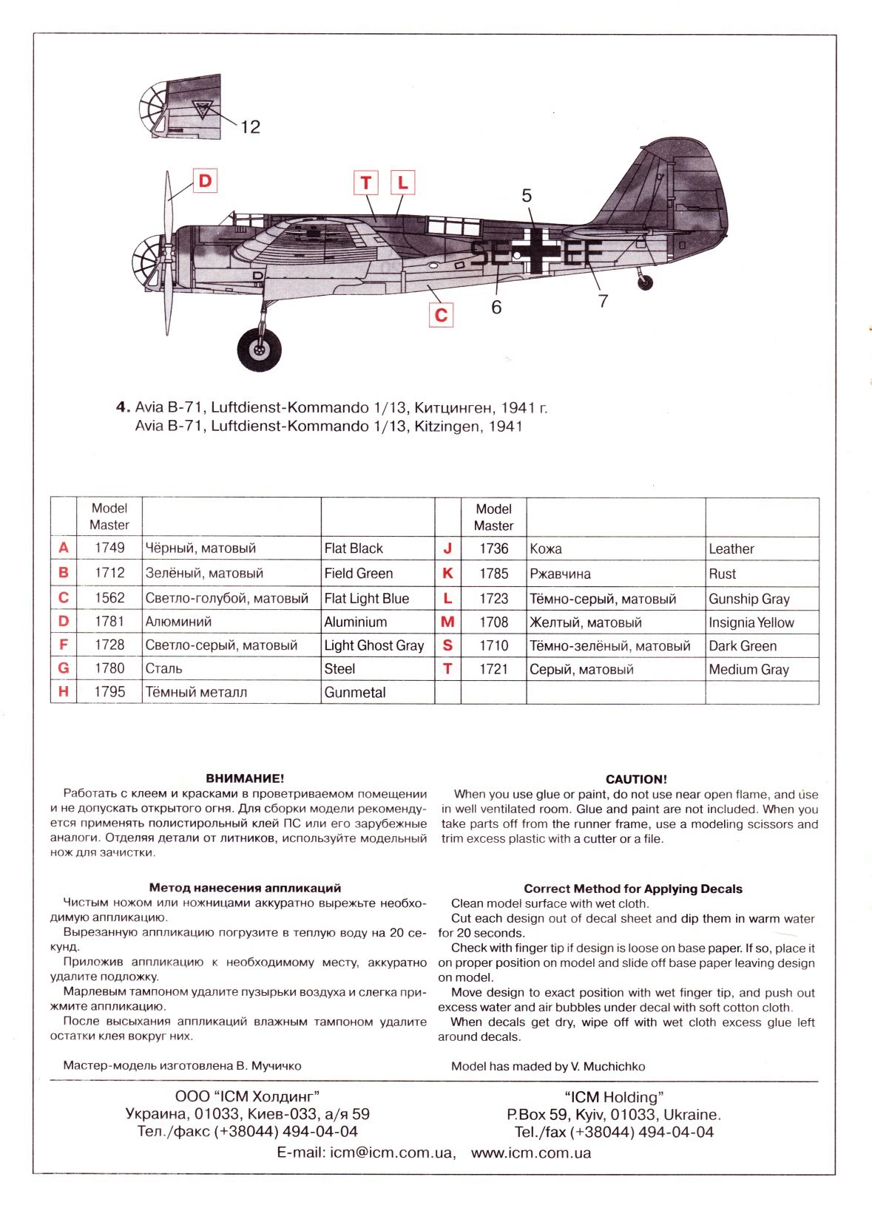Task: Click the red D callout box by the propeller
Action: (205, 180)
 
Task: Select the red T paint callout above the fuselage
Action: (366, 183)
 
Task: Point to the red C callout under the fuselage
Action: (441, 315)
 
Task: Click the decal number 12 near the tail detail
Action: (250, 127)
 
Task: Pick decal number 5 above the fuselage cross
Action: (527, 196)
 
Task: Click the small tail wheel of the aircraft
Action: (646, 282)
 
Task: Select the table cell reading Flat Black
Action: (354, 549)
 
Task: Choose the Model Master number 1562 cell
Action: (109, 597)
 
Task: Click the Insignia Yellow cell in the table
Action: (751, 622)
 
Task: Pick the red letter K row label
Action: (447, 574)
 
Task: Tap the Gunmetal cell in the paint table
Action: (355, 693)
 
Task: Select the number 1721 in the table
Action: (493, 669)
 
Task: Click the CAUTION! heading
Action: (636, 779)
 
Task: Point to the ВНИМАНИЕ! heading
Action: (245, 778)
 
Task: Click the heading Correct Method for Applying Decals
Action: (632, 889)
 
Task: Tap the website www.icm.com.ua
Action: (531, 1153)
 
